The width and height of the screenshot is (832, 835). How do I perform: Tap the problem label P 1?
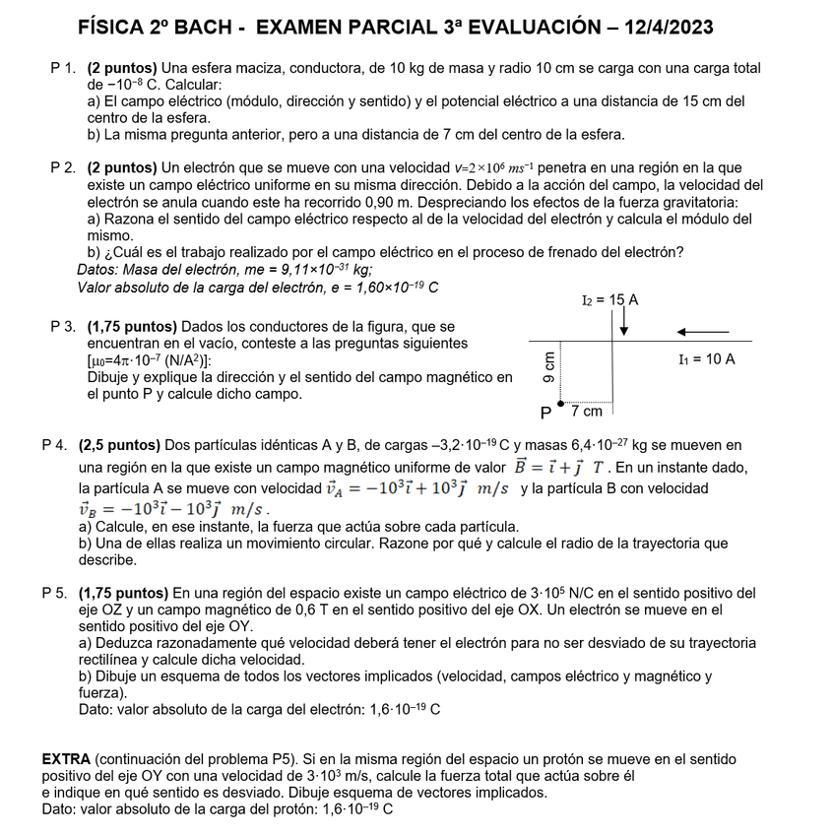click(63, 68)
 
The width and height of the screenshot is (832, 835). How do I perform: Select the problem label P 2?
click(63, 168)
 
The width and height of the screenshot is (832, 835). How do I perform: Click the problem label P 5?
click(55, 593)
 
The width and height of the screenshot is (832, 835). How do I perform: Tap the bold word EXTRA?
click(66, 759)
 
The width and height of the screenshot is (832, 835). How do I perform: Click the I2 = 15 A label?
click(610, 299)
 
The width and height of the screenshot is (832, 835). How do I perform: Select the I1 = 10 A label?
click(706, 359)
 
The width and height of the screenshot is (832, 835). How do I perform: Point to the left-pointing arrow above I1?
click(703, 331)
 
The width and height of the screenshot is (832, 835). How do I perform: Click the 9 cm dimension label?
click(549, 366)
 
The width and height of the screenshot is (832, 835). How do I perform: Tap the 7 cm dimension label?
click(587, 411)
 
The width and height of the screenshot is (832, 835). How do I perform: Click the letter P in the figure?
click(545, 413)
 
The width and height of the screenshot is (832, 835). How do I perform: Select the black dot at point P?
click(561, 403)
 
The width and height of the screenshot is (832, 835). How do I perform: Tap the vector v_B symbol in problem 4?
click(90, 509)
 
